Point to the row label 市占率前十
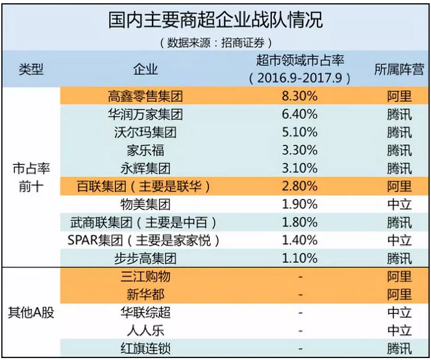click(x=30, y=176)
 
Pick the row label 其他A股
click(x=30, y=311)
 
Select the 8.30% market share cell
click(x=300, y=97)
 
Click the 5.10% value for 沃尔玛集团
click(x=300, y=133)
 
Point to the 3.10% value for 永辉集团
click(x=300, y=169)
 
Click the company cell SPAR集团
click(x=144, y=240)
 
